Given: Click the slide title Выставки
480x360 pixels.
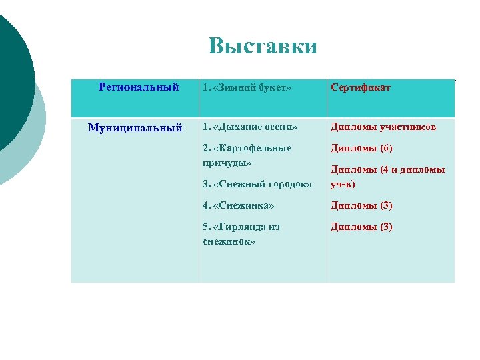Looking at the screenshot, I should point(263,47).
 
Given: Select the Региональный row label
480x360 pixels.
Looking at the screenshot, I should point(139,87).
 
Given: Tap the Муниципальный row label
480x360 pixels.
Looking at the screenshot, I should point(135,127).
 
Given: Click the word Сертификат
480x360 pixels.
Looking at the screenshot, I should point(361,87).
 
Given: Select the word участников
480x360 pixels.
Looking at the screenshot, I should point(408,127).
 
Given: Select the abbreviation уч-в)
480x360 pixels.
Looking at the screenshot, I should point(343,183).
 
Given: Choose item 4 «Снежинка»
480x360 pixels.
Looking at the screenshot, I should point(239,205).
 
